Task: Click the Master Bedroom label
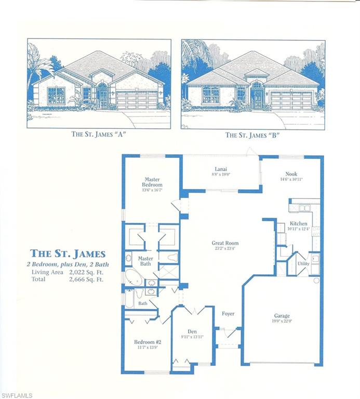[153, 182]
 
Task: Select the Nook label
[291, 175]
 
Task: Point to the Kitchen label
[299, 223]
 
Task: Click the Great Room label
[224, 243]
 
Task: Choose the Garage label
[282, 315]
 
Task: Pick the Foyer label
[228, 313]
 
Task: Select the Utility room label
[303, 263]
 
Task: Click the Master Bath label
[145, 261]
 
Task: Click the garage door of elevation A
[137, 100]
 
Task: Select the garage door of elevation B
[291, 100]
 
